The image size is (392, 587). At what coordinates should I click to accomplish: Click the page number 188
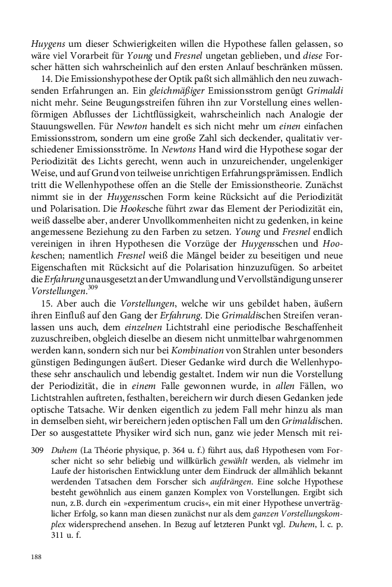(36, 557)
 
